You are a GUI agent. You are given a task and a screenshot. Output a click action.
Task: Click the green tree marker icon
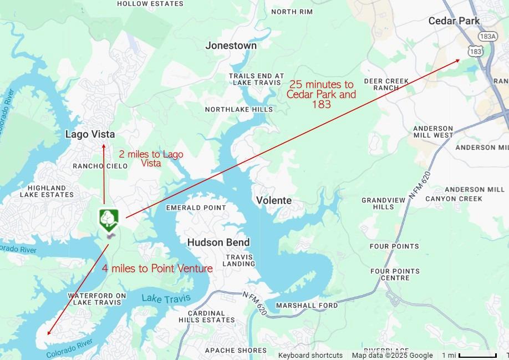108,219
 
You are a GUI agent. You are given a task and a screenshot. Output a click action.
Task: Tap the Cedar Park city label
454,21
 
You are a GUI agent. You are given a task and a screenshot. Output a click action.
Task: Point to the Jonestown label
231,45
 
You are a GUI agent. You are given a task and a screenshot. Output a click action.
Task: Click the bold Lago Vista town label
90,134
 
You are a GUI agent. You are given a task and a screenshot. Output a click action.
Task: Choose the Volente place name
273,200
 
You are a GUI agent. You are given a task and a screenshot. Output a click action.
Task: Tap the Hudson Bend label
218,242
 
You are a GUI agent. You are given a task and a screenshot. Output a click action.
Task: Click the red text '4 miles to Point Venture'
157,268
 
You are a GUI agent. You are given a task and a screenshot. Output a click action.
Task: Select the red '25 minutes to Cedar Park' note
321,94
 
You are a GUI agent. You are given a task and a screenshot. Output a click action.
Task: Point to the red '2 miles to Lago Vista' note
151,158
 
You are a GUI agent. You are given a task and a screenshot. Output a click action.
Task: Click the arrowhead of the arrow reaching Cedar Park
457,60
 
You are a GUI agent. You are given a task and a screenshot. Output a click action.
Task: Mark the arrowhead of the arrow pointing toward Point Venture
49,333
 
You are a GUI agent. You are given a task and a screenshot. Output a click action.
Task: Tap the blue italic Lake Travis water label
165,299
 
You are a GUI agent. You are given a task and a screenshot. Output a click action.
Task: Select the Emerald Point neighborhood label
196,208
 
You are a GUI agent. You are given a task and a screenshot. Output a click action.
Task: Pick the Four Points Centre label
395,275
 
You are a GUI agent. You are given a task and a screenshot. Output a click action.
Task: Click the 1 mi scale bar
477,355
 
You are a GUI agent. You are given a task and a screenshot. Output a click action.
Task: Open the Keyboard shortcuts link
310,355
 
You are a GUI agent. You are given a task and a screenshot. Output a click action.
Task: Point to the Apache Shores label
236,351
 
